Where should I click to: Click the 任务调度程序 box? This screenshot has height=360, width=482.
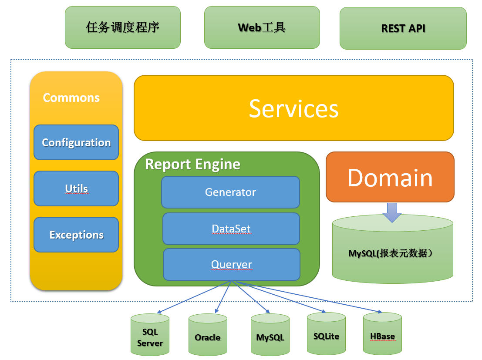point(122,27)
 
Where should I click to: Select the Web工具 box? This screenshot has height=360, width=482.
point(262,27)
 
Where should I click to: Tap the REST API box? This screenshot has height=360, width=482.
point(403,28)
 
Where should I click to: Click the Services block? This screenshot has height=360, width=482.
point(293,108)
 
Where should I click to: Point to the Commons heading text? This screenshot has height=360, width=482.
point(71,98)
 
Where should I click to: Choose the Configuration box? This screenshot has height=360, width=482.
point(76,142)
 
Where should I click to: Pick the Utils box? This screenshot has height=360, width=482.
point(76,188)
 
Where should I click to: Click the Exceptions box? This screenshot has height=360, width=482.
point(76,235)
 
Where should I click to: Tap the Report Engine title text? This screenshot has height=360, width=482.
point(192,164)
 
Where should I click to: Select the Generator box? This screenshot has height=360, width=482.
point(230,192)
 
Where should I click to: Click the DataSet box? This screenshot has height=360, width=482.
point(231,229)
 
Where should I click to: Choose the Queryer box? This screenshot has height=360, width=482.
point(231,264)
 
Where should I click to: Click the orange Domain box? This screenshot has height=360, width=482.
point(390,177)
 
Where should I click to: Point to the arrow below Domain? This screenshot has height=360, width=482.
point(392,212)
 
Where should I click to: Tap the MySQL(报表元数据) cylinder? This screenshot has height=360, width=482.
point(392,253)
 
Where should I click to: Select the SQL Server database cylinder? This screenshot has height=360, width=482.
point(150,336)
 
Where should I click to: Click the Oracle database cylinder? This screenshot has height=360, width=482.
point(208,336)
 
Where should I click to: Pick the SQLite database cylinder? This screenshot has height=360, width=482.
point(326,335)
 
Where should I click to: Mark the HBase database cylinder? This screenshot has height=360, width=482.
point(382,335)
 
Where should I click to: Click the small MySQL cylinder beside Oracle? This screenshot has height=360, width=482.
point(270,336)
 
